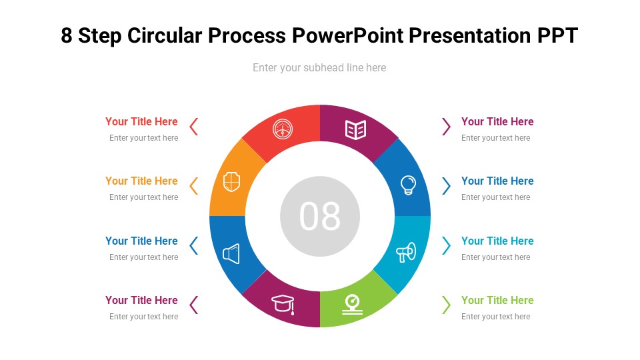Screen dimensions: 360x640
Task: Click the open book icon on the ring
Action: [355, 129]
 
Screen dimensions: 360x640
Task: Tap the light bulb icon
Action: [408, 185]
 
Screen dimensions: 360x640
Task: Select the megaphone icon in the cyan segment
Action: [406, 252]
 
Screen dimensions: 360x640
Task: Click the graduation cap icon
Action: [283, 305]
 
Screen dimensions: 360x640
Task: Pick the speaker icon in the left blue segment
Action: [231, 254]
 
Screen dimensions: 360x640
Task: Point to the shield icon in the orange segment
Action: [231, 181]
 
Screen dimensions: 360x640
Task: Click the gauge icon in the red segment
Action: [283, 129]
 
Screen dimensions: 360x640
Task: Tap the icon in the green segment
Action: [353, 304]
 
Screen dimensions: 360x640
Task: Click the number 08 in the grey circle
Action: [320, 216]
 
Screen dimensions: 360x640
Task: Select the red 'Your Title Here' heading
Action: [141, 121]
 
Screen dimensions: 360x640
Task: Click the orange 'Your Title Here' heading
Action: [141, 181]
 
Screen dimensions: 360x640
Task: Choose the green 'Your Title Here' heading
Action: [497, 300]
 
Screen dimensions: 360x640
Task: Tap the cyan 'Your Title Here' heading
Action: [497, 241]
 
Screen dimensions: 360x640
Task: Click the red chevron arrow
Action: [194, 127]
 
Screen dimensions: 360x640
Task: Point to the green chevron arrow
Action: [446, 305]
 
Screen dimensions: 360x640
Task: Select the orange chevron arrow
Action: [194, 186]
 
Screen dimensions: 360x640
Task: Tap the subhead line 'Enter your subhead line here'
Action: [319, 67]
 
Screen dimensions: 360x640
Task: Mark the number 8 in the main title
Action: [67, 35]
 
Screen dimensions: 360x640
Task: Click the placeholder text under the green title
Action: [495, 317]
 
